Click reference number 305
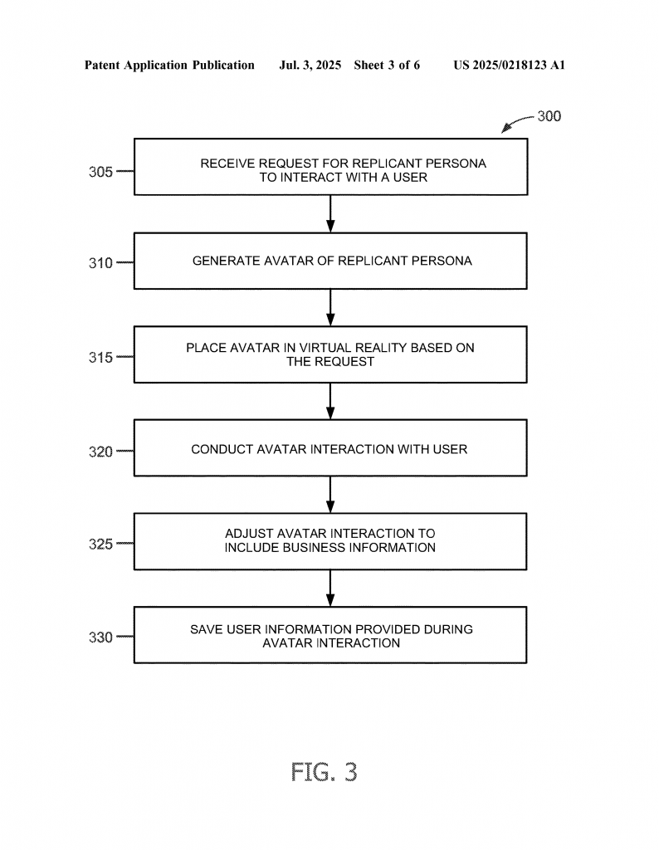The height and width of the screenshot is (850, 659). point(100,172)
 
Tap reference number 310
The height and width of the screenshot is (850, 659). point(100,263)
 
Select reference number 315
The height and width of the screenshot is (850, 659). point(100,357)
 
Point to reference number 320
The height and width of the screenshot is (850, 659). point(100,452)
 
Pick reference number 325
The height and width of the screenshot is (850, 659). point(100,544)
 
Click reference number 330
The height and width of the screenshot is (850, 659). point(100,637)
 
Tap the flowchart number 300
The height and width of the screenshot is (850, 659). point(549,116)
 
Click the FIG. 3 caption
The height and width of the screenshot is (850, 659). point(324,771)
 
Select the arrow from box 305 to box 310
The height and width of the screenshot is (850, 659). point(330,213)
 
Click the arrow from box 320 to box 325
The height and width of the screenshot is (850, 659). point(330,495)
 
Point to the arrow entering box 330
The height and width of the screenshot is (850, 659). point(330,589)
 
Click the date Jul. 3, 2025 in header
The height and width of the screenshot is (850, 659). point(310,65)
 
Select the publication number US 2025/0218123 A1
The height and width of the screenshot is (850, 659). point(510,65)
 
